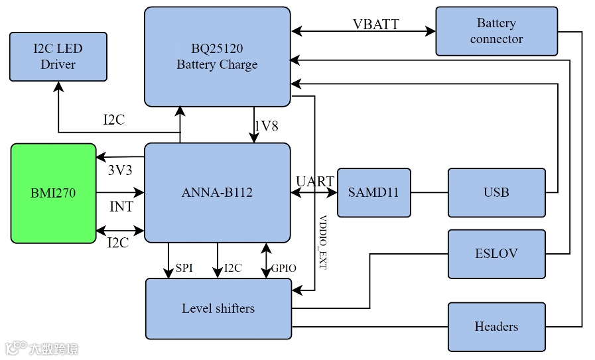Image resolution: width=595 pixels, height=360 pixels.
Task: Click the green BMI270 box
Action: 54,193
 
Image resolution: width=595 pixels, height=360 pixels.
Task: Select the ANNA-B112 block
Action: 217,193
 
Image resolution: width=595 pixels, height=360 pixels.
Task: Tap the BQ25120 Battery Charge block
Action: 217,57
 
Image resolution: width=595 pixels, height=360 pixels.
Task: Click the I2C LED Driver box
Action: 58,57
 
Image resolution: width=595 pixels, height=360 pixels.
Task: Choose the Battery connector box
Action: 496,31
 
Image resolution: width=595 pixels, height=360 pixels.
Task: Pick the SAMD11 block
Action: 373,193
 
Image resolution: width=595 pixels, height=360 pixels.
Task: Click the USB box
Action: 496,193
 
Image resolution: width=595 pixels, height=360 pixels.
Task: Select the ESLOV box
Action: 496,254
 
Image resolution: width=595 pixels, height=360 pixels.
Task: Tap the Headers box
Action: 496,326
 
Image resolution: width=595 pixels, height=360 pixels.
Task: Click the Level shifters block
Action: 218,309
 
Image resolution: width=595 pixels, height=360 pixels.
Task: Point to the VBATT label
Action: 375,25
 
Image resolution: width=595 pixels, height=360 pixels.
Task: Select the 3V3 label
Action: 120,170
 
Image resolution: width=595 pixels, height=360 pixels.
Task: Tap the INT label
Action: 121,207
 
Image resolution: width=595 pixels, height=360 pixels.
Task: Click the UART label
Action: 315,181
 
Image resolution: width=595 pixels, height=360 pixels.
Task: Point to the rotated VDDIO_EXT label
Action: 323,242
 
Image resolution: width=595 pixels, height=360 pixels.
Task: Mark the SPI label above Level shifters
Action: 184,269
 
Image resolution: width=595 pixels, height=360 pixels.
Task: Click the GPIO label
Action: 284,269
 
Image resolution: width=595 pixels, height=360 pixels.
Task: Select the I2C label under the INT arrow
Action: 118,243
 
